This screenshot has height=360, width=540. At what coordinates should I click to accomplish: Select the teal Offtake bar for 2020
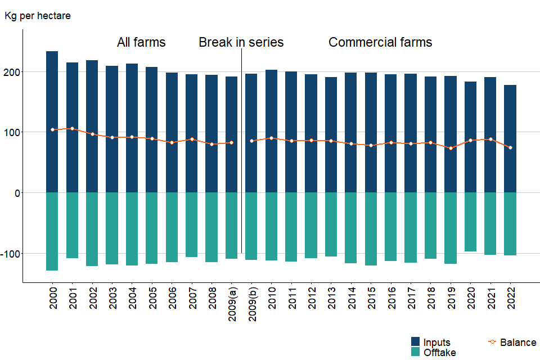(470, 222)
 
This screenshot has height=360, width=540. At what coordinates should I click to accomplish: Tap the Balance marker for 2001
(72, 129)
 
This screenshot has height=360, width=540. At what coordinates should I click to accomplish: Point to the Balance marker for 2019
(451, 148)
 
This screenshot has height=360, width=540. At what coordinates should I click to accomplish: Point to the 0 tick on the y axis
(17, 193)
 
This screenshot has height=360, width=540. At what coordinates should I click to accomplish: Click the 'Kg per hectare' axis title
(37, 16)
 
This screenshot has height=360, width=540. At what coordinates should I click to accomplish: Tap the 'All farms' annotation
(141, 42)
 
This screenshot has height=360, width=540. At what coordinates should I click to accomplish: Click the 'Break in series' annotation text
(241, 42)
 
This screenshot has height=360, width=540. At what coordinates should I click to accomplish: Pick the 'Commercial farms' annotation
(380, 42)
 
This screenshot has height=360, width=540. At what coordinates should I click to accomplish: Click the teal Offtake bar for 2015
(371, 229)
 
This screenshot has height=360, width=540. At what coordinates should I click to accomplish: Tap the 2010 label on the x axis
(272, 299)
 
